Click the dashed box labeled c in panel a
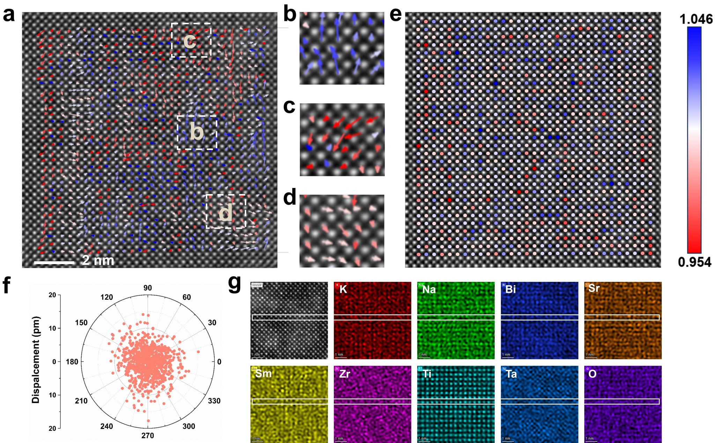(191, 40)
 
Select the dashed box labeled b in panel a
(197, 132)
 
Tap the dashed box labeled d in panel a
(226, 212)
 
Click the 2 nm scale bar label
(98, 260)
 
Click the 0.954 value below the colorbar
(694, 262)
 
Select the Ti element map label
(427, 374)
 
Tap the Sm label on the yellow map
(263, 373)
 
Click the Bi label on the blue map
(510, 289)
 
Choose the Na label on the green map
(429, 290)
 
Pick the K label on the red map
(343, 289)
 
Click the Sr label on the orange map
(594, 288)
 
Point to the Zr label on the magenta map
(344, 374)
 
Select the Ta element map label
(511, 374)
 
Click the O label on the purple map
(592, 374)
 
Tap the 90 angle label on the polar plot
(148, 288)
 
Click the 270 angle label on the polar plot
(147, 435)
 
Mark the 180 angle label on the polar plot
(72, 362)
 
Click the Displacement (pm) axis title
(36, 360)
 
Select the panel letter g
(235, 283)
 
